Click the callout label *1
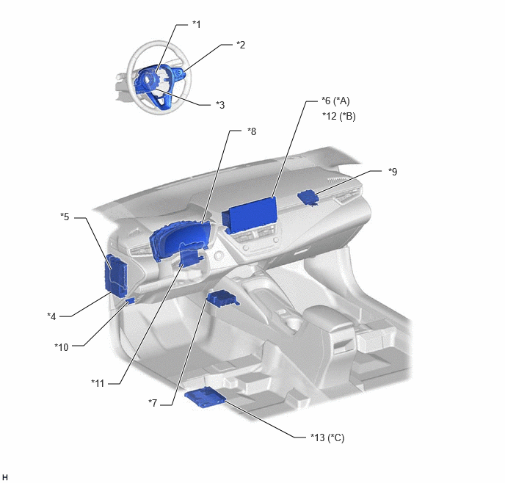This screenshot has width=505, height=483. [197, 24]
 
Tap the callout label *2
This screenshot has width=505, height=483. [241, 45]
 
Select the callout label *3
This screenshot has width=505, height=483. [220, 105]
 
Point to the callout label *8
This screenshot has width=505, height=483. [252, 131]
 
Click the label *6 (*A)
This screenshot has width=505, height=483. [335, 101]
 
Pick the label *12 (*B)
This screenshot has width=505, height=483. [339, 116]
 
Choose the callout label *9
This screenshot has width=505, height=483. [393, 172]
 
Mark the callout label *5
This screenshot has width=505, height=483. [65, 217]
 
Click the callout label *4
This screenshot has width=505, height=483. [51, 316]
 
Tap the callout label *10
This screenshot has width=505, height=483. [62, 347]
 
